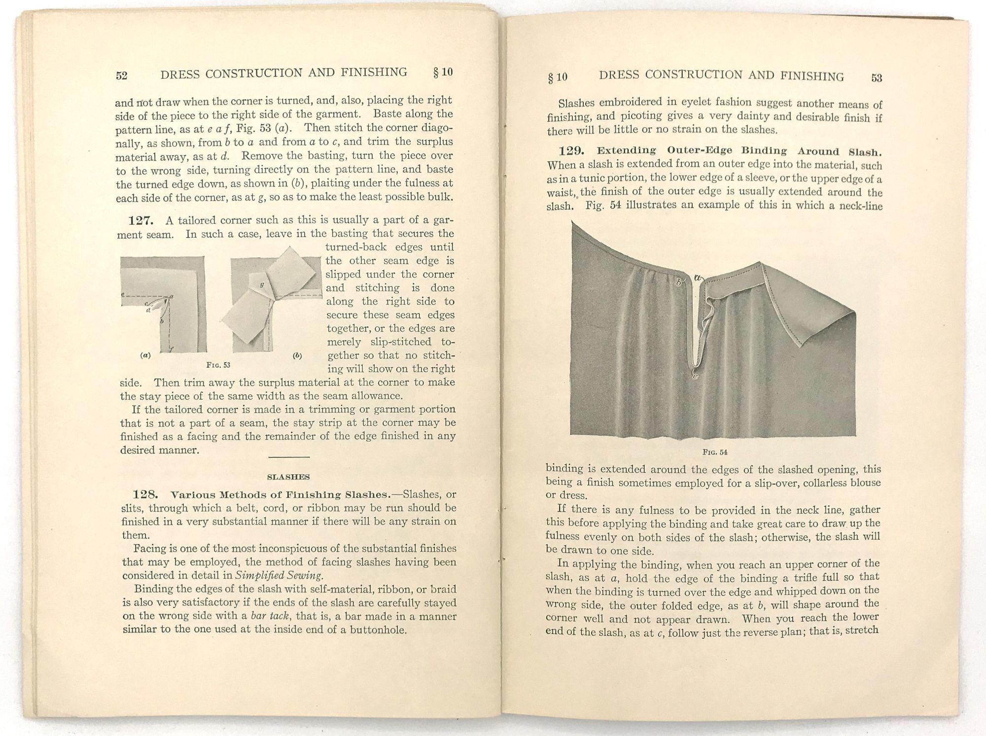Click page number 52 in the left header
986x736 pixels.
tap(122, 75)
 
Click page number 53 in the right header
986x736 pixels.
tap(877, 78)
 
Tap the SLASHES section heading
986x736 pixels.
tap(288, 477)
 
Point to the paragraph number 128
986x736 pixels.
tap(145, 494)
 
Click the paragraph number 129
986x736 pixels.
tap(572, 150)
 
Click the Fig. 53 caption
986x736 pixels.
tap(218, 365)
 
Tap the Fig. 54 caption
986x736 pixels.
tap(715, 452)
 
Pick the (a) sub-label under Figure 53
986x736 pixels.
tap(145, 355)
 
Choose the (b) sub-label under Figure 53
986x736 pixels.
tap(297, 355)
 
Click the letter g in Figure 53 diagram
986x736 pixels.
tap(262, 284)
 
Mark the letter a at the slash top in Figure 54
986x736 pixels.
tap(698, 278)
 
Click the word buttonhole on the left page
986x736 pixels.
tap(378, 630)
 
